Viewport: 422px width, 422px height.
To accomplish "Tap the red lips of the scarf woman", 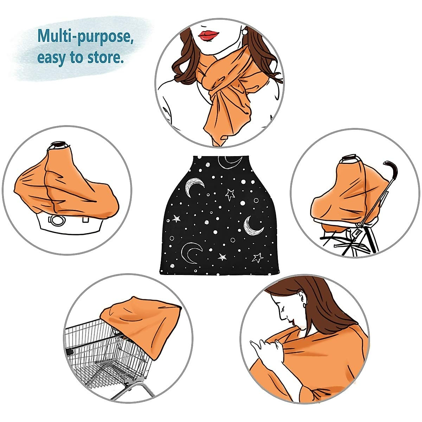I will (x=209, y=35).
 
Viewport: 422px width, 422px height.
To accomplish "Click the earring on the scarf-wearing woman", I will (x=244, y=32).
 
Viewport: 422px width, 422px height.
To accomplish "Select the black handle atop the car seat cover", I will (x=59, y=145).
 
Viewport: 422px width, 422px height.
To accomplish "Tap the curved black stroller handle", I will (x=390, y=169).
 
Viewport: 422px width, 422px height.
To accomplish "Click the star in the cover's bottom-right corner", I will (x=258, y=258).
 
